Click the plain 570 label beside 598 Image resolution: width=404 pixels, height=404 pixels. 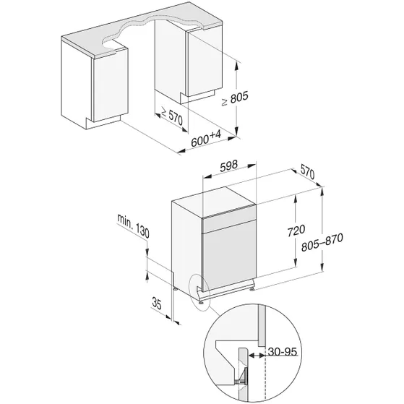click(306, 173)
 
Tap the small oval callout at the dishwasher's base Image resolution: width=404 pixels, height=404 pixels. click(199, 291)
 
